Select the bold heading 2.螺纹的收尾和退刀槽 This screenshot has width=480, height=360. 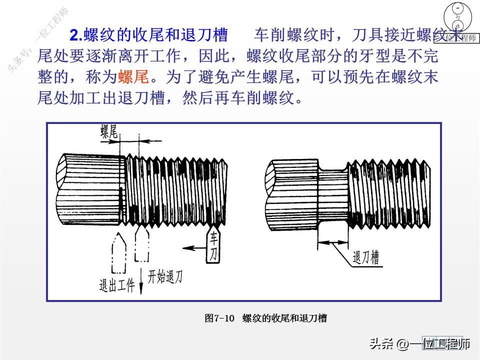point(148,35)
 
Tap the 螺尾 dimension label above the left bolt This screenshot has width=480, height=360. point(108,132)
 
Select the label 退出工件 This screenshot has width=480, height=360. point(117,285)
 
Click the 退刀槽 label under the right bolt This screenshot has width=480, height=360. point(365,257)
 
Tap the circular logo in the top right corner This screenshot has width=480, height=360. point(457,18)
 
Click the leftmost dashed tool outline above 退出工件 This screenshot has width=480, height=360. point(118,252)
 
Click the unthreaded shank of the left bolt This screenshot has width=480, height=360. point(90,190)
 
